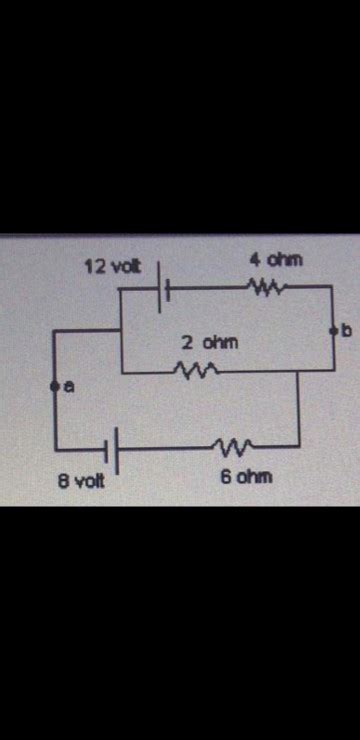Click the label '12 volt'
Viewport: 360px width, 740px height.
click(112, 266)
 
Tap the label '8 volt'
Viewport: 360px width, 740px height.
click(79, 481)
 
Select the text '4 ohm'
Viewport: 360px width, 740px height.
click(275, 259)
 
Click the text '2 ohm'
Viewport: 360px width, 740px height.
click(210, 342)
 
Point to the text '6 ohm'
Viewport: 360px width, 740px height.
click(245, 477)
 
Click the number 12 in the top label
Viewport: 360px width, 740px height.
click(93, 266)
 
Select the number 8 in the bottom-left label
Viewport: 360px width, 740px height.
click(61, 481)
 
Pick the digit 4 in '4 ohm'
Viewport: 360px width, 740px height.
click(255, 259)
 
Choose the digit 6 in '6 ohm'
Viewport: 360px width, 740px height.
click(225, 477)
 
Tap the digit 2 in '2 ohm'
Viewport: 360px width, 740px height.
click(187, 342)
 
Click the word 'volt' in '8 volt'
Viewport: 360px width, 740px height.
click(87, 481)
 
